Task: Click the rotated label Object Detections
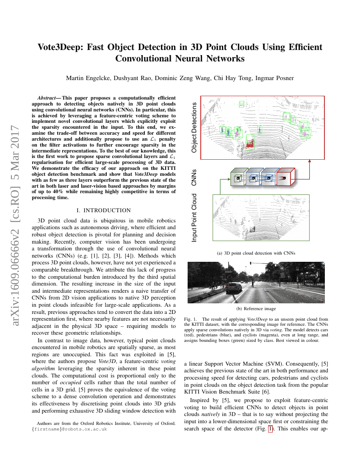[194, 128]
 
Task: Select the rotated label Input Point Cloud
[194, 218]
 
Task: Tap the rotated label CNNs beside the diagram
[194, 178]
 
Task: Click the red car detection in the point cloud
[250, 144]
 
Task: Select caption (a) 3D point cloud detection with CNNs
[256, 253]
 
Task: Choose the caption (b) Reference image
[256, 308]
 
